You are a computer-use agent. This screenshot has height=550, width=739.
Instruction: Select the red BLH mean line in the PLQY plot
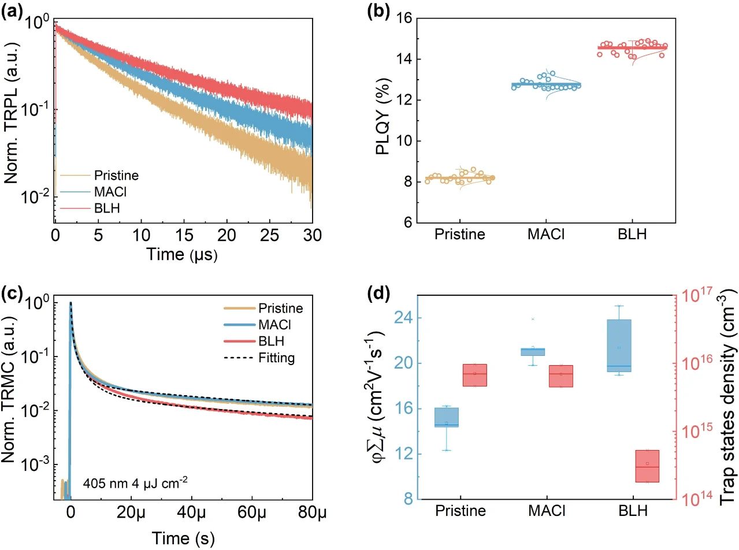(632, 48)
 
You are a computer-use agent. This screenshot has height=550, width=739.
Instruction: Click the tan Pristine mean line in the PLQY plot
(461, 178)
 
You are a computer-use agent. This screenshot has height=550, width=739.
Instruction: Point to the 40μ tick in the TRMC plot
(191, 512)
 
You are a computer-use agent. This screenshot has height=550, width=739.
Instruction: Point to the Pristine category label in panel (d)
(461, 511)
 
